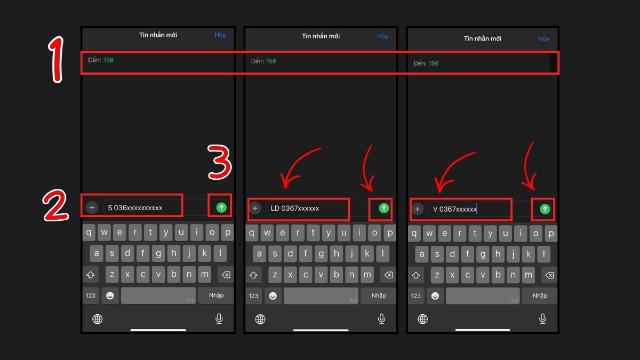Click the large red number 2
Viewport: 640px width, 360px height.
point(55,205)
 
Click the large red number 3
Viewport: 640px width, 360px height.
point(219,162)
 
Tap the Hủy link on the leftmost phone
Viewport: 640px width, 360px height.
point(220,35)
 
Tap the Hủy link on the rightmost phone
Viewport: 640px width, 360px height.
point(543,38)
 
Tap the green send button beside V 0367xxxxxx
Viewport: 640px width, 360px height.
point(545,209)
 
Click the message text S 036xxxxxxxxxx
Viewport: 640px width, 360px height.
point(135,207)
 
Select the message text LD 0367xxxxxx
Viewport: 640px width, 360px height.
point(294,209)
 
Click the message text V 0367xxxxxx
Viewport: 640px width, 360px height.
point(454,209)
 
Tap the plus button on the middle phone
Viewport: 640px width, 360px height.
point(255,209)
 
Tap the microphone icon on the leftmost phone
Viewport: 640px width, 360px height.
point(219,318)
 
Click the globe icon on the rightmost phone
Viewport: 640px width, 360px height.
point(422,319)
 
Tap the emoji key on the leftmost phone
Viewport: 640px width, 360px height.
point(110,295)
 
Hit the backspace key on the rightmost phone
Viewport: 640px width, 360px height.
point(549,275)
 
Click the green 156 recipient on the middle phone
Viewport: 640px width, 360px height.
point(271,61)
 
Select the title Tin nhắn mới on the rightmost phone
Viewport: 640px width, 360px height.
point(482,38)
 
